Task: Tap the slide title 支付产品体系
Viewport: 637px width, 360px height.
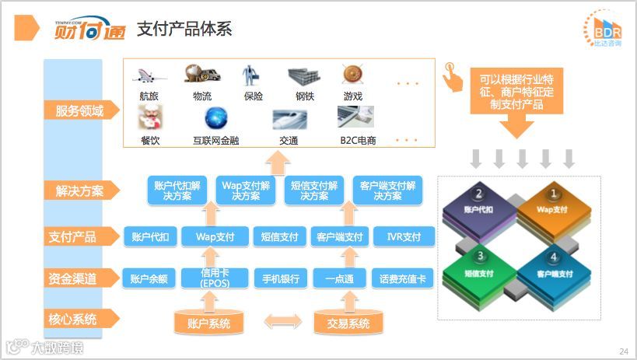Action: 184,30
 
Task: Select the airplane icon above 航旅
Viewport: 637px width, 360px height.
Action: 148,75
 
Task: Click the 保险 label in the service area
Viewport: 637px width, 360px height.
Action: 253,96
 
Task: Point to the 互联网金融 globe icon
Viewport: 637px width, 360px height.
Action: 215,118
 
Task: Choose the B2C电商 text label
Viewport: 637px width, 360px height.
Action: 358,140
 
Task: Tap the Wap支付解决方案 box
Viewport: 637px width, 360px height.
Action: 246,190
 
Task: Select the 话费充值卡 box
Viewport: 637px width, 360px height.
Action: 403,278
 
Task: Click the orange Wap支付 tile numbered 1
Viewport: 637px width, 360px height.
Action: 550,207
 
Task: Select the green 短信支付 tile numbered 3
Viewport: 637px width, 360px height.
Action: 481,271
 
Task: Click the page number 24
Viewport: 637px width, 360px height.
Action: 623,351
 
